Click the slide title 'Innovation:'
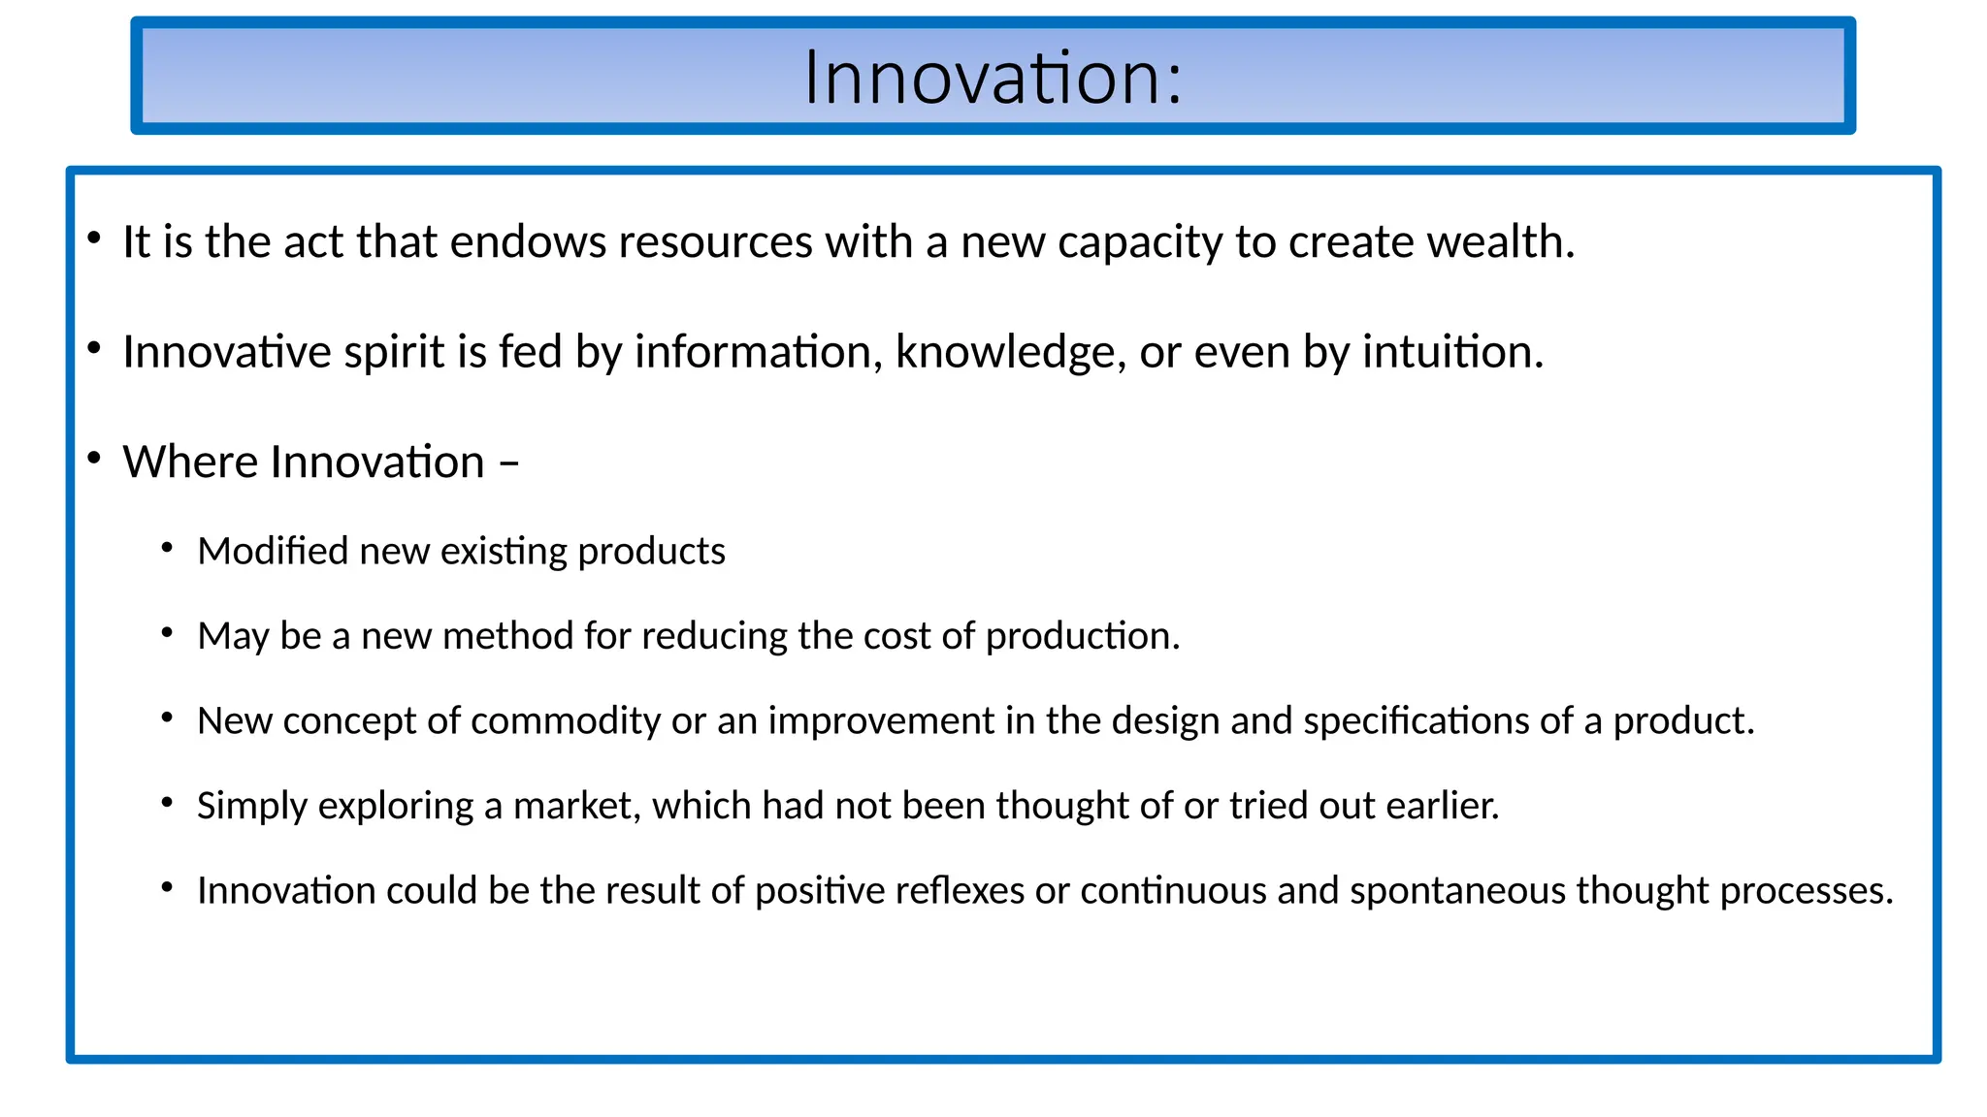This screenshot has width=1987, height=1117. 993,77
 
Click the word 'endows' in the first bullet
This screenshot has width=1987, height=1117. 528,241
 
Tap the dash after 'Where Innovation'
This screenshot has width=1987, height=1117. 508,463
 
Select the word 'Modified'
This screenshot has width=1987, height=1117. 273,551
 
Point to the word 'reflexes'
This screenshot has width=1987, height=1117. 960,890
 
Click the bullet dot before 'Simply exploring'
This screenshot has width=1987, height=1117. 168,803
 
